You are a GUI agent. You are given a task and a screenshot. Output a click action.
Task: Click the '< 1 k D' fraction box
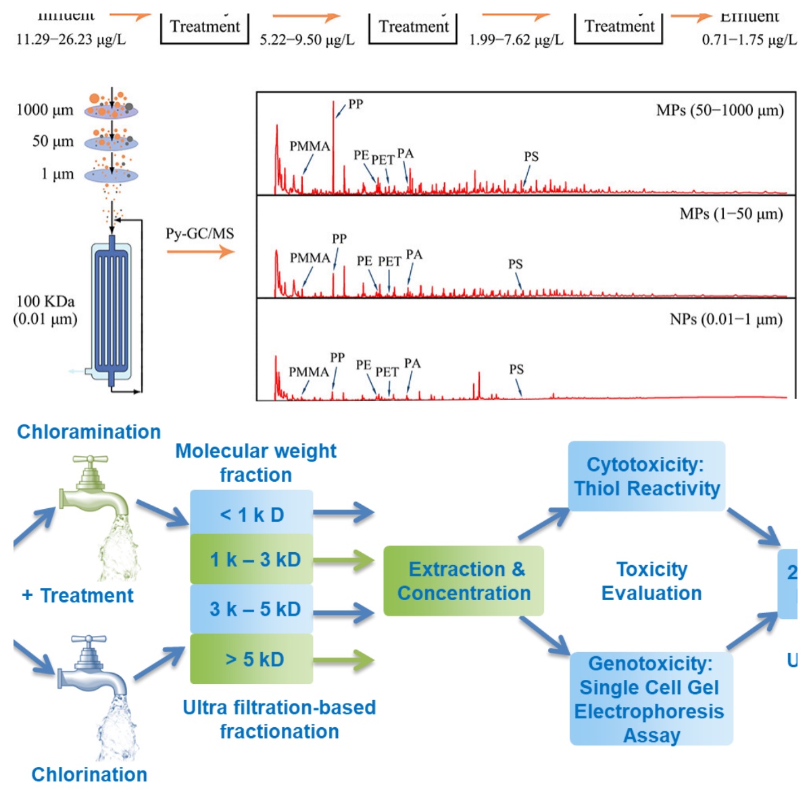(251, 514)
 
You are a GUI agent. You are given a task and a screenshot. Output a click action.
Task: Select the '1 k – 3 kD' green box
(251, 560)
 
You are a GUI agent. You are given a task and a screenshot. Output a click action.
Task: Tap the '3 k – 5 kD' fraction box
(251, 609)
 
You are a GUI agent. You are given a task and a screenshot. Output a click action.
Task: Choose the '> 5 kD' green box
(251, 659)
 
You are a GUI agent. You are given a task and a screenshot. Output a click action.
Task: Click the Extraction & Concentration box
(464, 581)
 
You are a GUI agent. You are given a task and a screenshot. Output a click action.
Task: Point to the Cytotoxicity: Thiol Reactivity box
(647, 476)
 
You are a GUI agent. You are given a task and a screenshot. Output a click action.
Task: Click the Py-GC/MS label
(200, 234)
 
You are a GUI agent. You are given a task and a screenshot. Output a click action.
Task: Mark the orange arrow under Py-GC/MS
(200, 252)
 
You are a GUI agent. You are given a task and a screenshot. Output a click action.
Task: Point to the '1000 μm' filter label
(45, 110)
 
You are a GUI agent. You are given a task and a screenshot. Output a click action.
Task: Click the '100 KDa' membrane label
(45, 301)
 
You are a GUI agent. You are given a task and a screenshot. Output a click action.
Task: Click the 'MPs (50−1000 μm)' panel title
(720, 110)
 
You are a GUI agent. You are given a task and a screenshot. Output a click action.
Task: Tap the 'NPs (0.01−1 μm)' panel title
(726, 319)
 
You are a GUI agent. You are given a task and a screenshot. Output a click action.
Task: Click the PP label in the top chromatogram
(355, 104)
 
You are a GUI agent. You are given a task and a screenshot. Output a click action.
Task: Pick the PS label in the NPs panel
(516, 369)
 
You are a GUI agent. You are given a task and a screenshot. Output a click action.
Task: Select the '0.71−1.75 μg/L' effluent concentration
(749, 40)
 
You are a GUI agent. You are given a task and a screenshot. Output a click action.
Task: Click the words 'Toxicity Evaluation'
(652, 581)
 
